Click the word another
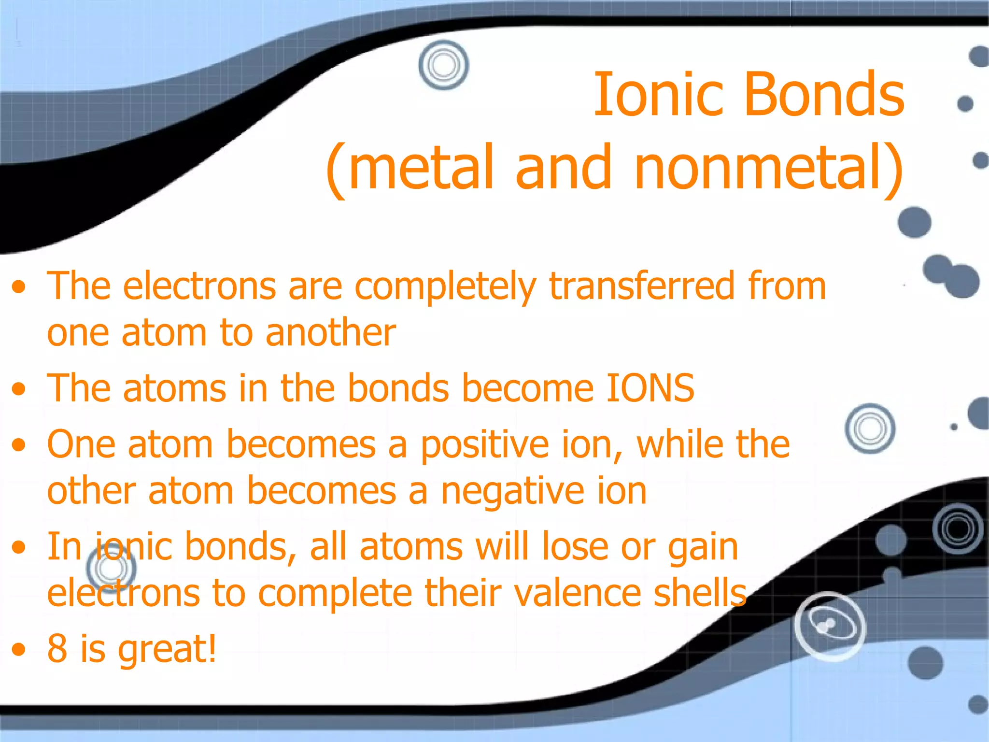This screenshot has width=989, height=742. point(330,333)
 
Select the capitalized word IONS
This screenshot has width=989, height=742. point(650,388)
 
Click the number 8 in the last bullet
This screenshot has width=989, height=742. point(57,648)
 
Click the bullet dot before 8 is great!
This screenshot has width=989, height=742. point(18,650)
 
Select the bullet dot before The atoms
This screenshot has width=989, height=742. point(18,389)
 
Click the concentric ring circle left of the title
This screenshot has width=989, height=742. point(443,65)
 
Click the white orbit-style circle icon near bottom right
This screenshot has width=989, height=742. point(830,626)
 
